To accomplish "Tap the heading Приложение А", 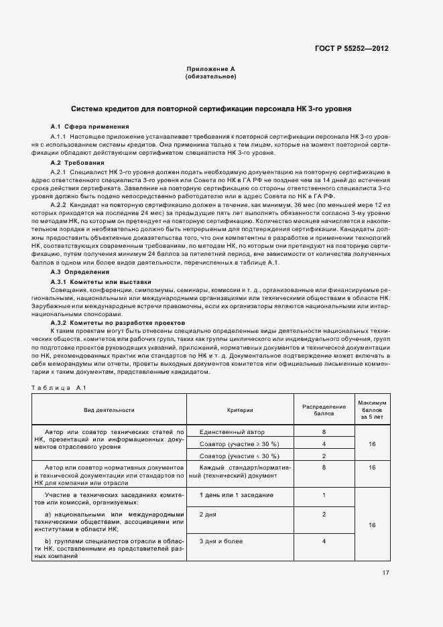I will (210, 69).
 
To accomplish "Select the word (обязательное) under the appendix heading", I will (210, 76).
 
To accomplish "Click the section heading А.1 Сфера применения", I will (90, 127).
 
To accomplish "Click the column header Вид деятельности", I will (109, 409).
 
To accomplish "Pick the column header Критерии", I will (239, 409).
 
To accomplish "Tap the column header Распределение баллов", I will (324, 409).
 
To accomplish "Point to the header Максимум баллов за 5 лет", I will (372, 409).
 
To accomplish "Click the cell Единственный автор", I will (228, 432).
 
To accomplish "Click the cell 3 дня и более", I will (221, 541).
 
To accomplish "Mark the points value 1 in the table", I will (324, 495).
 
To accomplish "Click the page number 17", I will (385, 572).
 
